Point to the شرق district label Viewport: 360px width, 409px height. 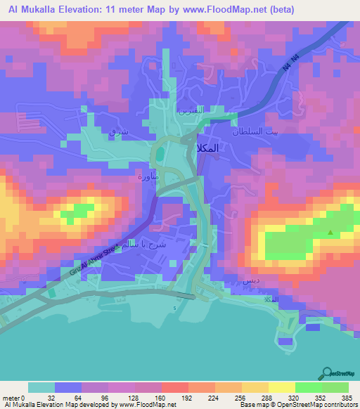pyautogui.click(x=116, y=131)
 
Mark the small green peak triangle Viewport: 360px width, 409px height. pyautogui.click(x=330, y=233)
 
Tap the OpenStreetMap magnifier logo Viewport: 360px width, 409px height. pyautogui.click(x=328, y=372)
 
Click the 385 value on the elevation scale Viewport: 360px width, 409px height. pyautogui.click(x=347, y=397)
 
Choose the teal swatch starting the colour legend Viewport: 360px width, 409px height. pyautogui.click(x=41, y=387)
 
